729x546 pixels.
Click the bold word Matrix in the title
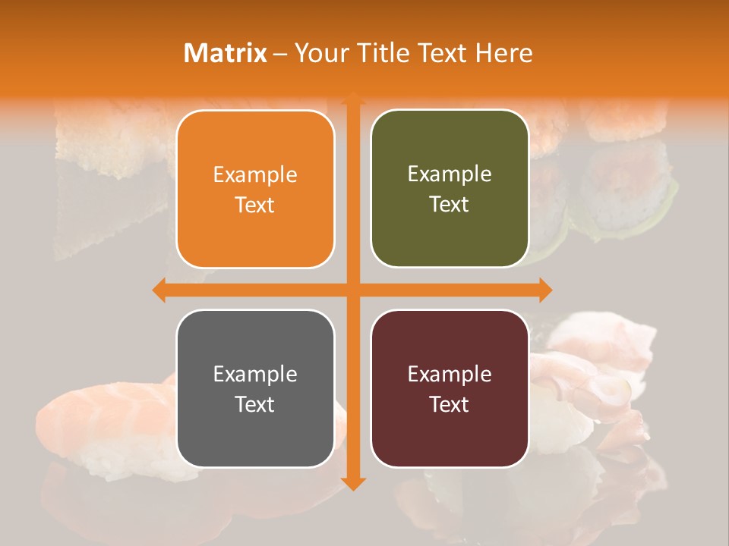point(226,53)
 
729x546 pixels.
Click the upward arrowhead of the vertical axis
point(352,99)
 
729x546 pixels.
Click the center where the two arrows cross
point(352,290)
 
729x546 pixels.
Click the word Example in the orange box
point(255,175)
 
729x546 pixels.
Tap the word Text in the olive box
point(450,205)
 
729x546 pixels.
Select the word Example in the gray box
point(255,374)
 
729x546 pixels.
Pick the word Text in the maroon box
point(450,404)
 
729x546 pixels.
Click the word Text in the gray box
point(255,404)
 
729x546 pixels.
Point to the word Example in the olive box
point(450,174)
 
